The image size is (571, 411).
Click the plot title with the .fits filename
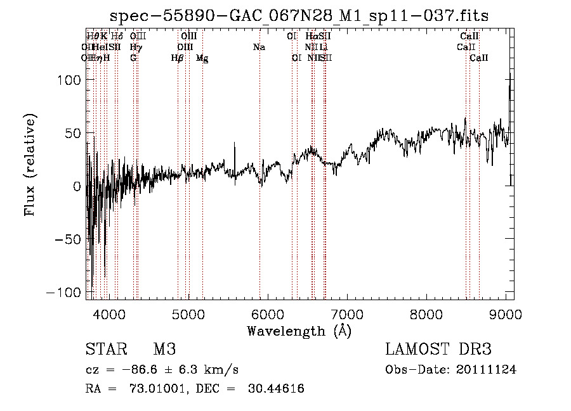tap(299, 15)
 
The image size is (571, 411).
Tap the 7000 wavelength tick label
tap(347, 315)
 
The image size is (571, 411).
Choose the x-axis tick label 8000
tap(426, 315)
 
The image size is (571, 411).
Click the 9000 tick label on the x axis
tap(506, 315)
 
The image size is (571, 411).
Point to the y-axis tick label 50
tap(71, 133)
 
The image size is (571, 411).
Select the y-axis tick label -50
tap(67, 240)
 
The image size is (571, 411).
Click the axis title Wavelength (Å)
tap(299, 331)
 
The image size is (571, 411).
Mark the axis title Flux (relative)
tap(30, 165)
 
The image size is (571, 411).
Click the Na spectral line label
tap(259, 47)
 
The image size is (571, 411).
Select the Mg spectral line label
tap(202, 58)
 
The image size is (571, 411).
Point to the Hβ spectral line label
tap(178, 58)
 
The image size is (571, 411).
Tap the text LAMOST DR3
tap(438, 350)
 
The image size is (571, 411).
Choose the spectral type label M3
tap(164, 350)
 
